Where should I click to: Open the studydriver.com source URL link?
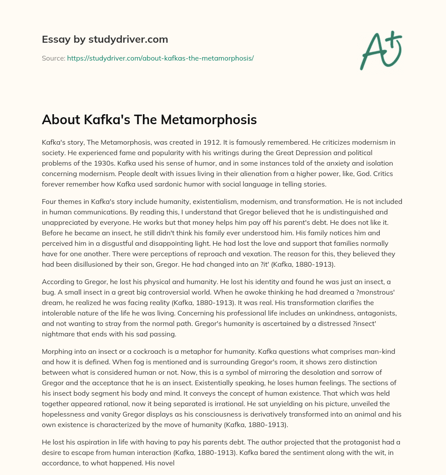coord(160,58)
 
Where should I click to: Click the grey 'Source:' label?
coord(53,58)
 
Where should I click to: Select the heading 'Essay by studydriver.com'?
coord(105,39)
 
